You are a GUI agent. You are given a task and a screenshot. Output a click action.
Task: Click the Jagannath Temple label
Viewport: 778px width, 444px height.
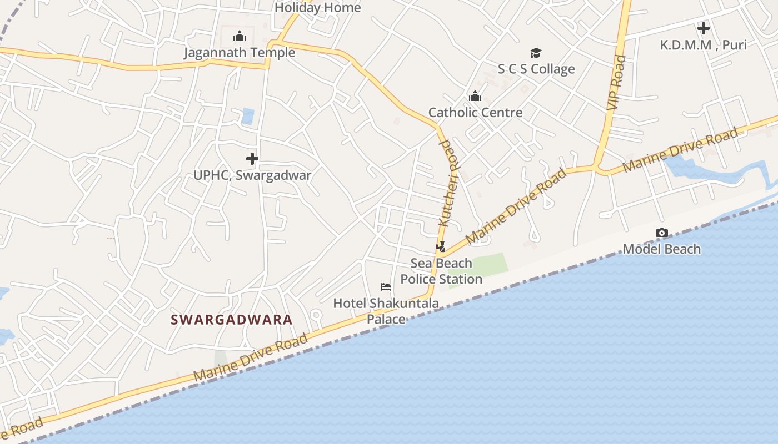point(240,53)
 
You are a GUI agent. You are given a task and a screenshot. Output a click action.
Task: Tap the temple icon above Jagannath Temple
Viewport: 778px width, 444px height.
point(240,37)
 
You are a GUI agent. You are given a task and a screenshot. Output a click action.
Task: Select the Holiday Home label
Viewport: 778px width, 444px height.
point(317,8)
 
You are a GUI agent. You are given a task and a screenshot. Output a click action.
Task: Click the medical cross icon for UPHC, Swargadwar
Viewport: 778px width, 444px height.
point(252,159)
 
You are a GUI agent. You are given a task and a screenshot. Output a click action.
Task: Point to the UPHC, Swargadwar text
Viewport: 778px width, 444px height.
point(252,175)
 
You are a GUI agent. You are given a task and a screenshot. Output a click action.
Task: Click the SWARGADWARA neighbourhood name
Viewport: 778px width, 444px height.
point(232,320)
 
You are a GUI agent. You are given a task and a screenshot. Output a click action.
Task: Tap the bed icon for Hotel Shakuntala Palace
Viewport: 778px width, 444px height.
point(386,287)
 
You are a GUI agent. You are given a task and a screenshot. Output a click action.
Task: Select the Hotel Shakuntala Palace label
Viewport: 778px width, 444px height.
point(386,311)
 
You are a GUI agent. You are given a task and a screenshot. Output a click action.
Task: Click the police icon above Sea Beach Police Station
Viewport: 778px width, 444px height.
point(441,247)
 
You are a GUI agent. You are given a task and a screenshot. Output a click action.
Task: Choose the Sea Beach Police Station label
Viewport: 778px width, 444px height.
point(441,271)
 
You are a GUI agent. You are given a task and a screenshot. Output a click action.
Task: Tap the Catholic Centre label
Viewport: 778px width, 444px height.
point(475,113)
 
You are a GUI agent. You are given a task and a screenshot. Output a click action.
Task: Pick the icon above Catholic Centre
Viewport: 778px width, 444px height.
point(475,97)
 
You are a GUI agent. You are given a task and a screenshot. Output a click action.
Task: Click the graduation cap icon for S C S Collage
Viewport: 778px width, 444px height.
point(536,53)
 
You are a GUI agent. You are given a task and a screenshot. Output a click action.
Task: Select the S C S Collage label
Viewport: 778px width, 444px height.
point(536,69)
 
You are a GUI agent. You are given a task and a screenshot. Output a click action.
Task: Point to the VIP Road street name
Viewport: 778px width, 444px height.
point(617,83)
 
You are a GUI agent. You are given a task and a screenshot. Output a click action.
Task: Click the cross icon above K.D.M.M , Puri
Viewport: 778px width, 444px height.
point(704,28)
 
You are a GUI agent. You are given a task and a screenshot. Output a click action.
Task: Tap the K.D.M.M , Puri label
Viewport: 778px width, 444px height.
point(704,45)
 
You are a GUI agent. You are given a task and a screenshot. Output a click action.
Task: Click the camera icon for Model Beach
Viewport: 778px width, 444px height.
point(661,233)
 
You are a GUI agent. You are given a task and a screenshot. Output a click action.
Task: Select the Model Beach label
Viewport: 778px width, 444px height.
point(661,249)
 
